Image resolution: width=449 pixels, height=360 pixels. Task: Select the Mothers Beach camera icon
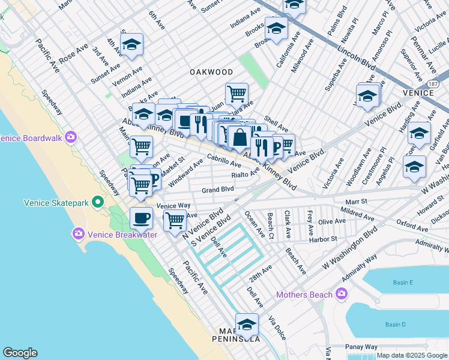tap(342, 293)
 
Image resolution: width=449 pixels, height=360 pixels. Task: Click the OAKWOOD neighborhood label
tap(211, 71)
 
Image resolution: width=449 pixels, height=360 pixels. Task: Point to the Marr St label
tap(355, 202)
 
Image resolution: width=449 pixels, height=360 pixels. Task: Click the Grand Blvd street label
tap(217, 190)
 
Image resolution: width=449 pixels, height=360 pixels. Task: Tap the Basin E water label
tap(403, 283)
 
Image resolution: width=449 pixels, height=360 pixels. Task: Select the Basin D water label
tap(396, 325)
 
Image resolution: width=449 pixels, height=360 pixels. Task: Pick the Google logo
tap(20, 353)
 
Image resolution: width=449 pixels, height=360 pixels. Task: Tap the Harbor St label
tap(324, 239)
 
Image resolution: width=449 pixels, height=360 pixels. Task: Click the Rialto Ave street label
tap(246, 175)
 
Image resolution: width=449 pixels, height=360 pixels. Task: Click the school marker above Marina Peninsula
tap(246, 325)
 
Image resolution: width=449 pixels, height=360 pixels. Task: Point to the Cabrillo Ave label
tap(224, 160)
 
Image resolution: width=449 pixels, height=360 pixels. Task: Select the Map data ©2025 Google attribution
tap(411, 355)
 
